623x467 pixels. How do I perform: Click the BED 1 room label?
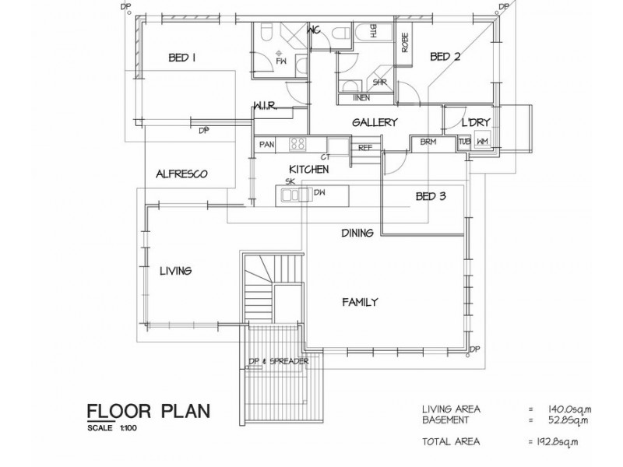(x=181, y=57)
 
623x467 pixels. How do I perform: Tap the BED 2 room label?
(x=446, y=57)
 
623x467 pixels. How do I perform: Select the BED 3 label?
(x=431, y=197)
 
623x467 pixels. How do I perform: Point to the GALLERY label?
(x=375, y=123)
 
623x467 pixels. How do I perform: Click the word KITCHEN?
(x=308, y=169)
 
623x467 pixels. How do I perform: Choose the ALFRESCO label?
(x=181, y=174)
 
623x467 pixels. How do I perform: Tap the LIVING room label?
(x=175, y=271)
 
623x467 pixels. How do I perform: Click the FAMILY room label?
(x=361, y=302)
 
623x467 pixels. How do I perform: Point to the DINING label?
(x=357, y=233)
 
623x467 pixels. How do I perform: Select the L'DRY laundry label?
(x=473, y=123)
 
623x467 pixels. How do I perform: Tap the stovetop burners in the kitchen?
(x=297, y=143)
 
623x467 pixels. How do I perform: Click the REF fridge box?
(x=365, y=146)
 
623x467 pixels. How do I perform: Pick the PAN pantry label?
(x=267, y=144)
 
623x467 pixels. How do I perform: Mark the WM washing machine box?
(x=483, y=142)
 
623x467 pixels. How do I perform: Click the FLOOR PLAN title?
(x=148, y=411)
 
